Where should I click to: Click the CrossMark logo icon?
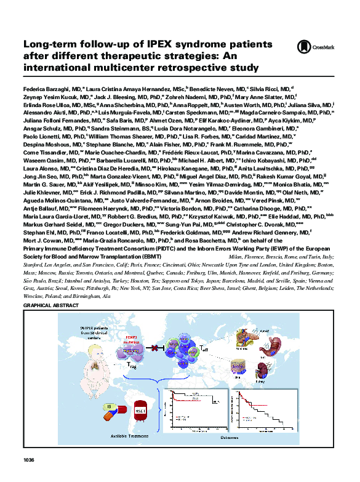(302, 46)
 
